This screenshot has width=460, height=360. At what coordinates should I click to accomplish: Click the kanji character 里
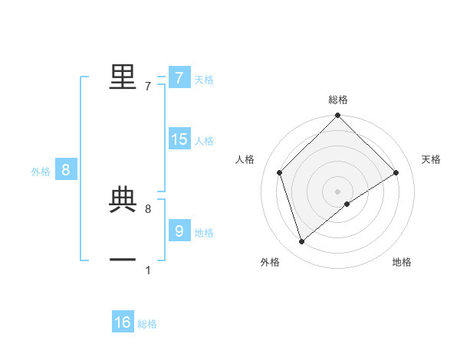point(123,77)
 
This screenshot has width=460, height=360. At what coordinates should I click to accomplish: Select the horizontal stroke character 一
point(123,260)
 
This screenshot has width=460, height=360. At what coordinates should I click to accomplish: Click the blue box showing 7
point(179,78)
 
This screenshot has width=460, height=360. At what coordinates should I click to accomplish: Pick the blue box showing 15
point(179,139)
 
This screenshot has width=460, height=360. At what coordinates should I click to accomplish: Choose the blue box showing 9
point(179,231)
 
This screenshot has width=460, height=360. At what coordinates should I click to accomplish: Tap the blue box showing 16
point(123,322)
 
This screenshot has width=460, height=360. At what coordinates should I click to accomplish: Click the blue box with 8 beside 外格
point(65,170)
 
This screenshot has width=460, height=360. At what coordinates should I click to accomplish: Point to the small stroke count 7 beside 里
point(148,87)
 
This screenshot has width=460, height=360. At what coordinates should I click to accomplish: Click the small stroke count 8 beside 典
point(148,208)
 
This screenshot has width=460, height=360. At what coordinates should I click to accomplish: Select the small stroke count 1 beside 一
point(148,270)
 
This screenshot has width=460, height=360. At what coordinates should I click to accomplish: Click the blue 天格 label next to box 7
point(204,80)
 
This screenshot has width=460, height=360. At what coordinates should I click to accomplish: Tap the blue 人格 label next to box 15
point(204,141)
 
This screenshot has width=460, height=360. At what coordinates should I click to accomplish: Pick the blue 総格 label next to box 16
point(147,324)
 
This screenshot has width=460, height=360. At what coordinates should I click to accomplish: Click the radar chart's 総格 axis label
point(338,100)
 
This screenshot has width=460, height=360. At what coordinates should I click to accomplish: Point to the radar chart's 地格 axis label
point(402,262)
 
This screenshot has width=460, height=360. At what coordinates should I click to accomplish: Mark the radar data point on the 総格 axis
point(338,116)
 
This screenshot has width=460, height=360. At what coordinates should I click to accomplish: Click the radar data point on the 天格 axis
point(396,172)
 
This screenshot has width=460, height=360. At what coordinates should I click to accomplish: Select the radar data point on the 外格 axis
point(301,242)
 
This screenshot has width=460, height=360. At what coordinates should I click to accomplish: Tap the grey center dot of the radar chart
point(338,191)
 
